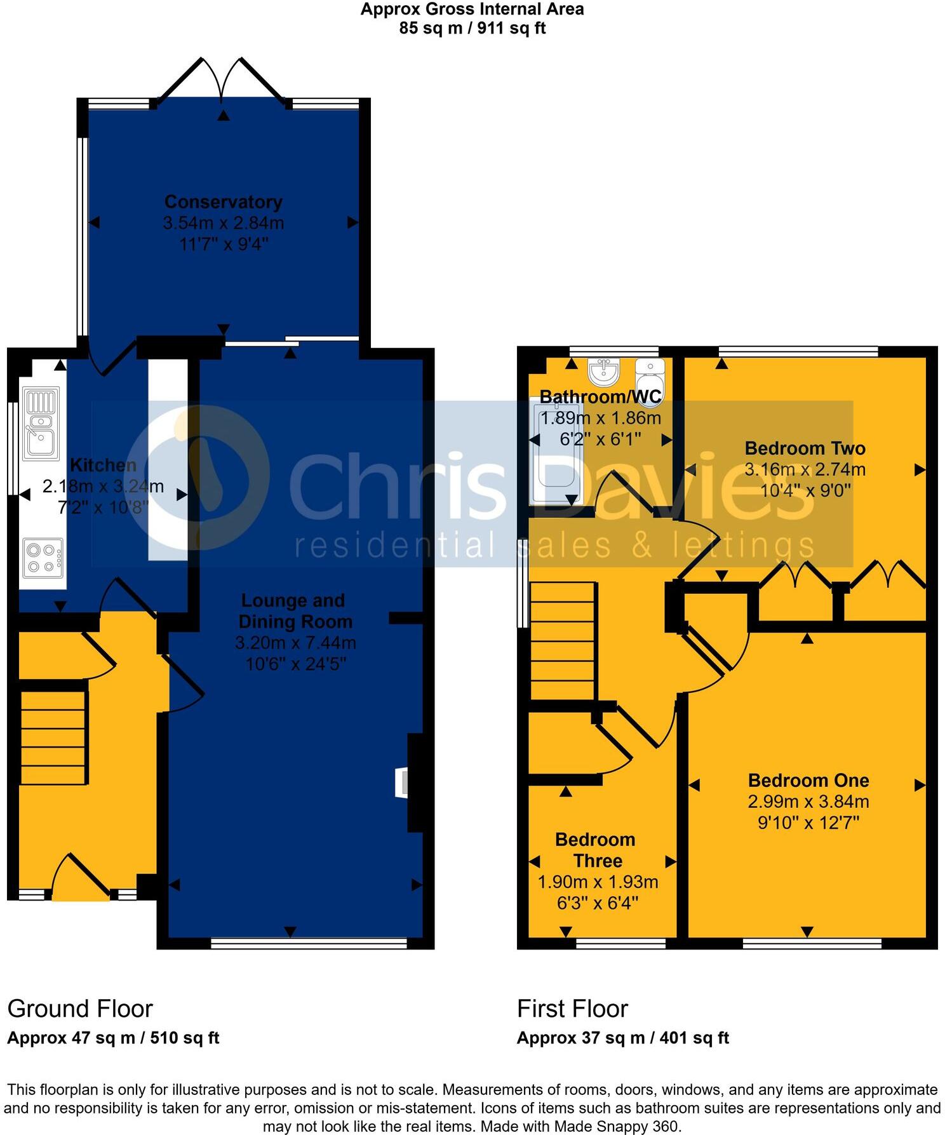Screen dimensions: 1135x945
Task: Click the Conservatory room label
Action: coord(223,202)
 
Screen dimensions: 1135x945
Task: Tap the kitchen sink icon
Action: coord(41,423)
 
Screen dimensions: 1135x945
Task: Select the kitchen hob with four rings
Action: coord(43,557)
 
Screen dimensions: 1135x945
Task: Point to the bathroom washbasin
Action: coord(603,372)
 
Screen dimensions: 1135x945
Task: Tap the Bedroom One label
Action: coord(808,780)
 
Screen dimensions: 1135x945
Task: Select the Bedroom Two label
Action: coord(805,448)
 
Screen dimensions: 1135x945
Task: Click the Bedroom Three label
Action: coord(596,850)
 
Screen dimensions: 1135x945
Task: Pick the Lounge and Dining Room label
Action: coord(294,611)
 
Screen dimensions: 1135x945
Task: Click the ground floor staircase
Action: coord(53,737)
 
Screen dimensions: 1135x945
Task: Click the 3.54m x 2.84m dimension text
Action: coord(223,223)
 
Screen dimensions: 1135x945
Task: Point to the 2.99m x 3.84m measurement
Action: coord(808,802)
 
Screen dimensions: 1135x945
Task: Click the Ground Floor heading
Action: coord(80,1009)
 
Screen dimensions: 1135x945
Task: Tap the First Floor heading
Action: coord(572,1009)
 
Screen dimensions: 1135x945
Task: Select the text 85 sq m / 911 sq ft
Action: coord(473,28)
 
